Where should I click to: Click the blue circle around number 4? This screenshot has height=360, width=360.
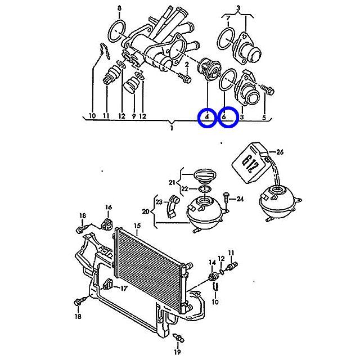tap(199, 117)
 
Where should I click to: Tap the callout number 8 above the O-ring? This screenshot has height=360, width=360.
tap(119, 9)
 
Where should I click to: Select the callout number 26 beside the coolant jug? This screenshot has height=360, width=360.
tap(280, 152)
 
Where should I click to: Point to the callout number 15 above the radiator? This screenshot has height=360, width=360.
tap(137, 226)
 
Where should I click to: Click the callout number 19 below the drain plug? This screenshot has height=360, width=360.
tap(177, 352)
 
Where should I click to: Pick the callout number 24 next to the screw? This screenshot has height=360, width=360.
tap(240, 199)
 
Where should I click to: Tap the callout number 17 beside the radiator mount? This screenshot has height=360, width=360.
tap(124, 289)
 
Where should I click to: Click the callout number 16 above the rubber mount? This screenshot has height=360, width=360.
tap(109, 207)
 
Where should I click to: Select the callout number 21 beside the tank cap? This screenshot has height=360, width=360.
tap(172, 182)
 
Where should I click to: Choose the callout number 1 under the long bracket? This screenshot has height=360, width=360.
tap(172, 128)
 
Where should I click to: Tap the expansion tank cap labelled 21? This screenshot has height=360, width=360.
tap(205, 175)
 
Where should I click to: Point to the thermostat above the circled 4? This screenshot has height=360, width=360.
tap(209, 69)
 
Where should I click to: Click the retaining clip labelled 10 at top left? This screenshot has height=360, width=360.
tap(105, 51)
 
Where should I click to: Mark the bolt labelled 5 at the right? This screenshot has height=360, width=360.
tap(268, 89)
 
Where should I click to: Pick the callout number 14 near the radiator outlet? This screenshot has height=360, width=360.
tap(213, 262)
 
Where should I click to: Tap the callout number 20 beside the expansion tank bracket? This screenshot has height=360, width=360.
tap(146, 211)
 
